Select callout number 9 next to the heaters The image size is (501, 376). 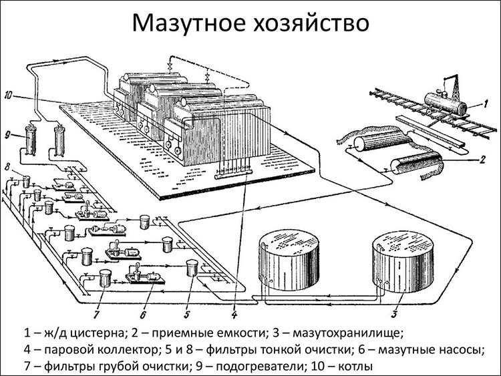point(8,136)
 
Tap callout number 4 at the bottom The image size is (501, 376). point(234,311)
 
